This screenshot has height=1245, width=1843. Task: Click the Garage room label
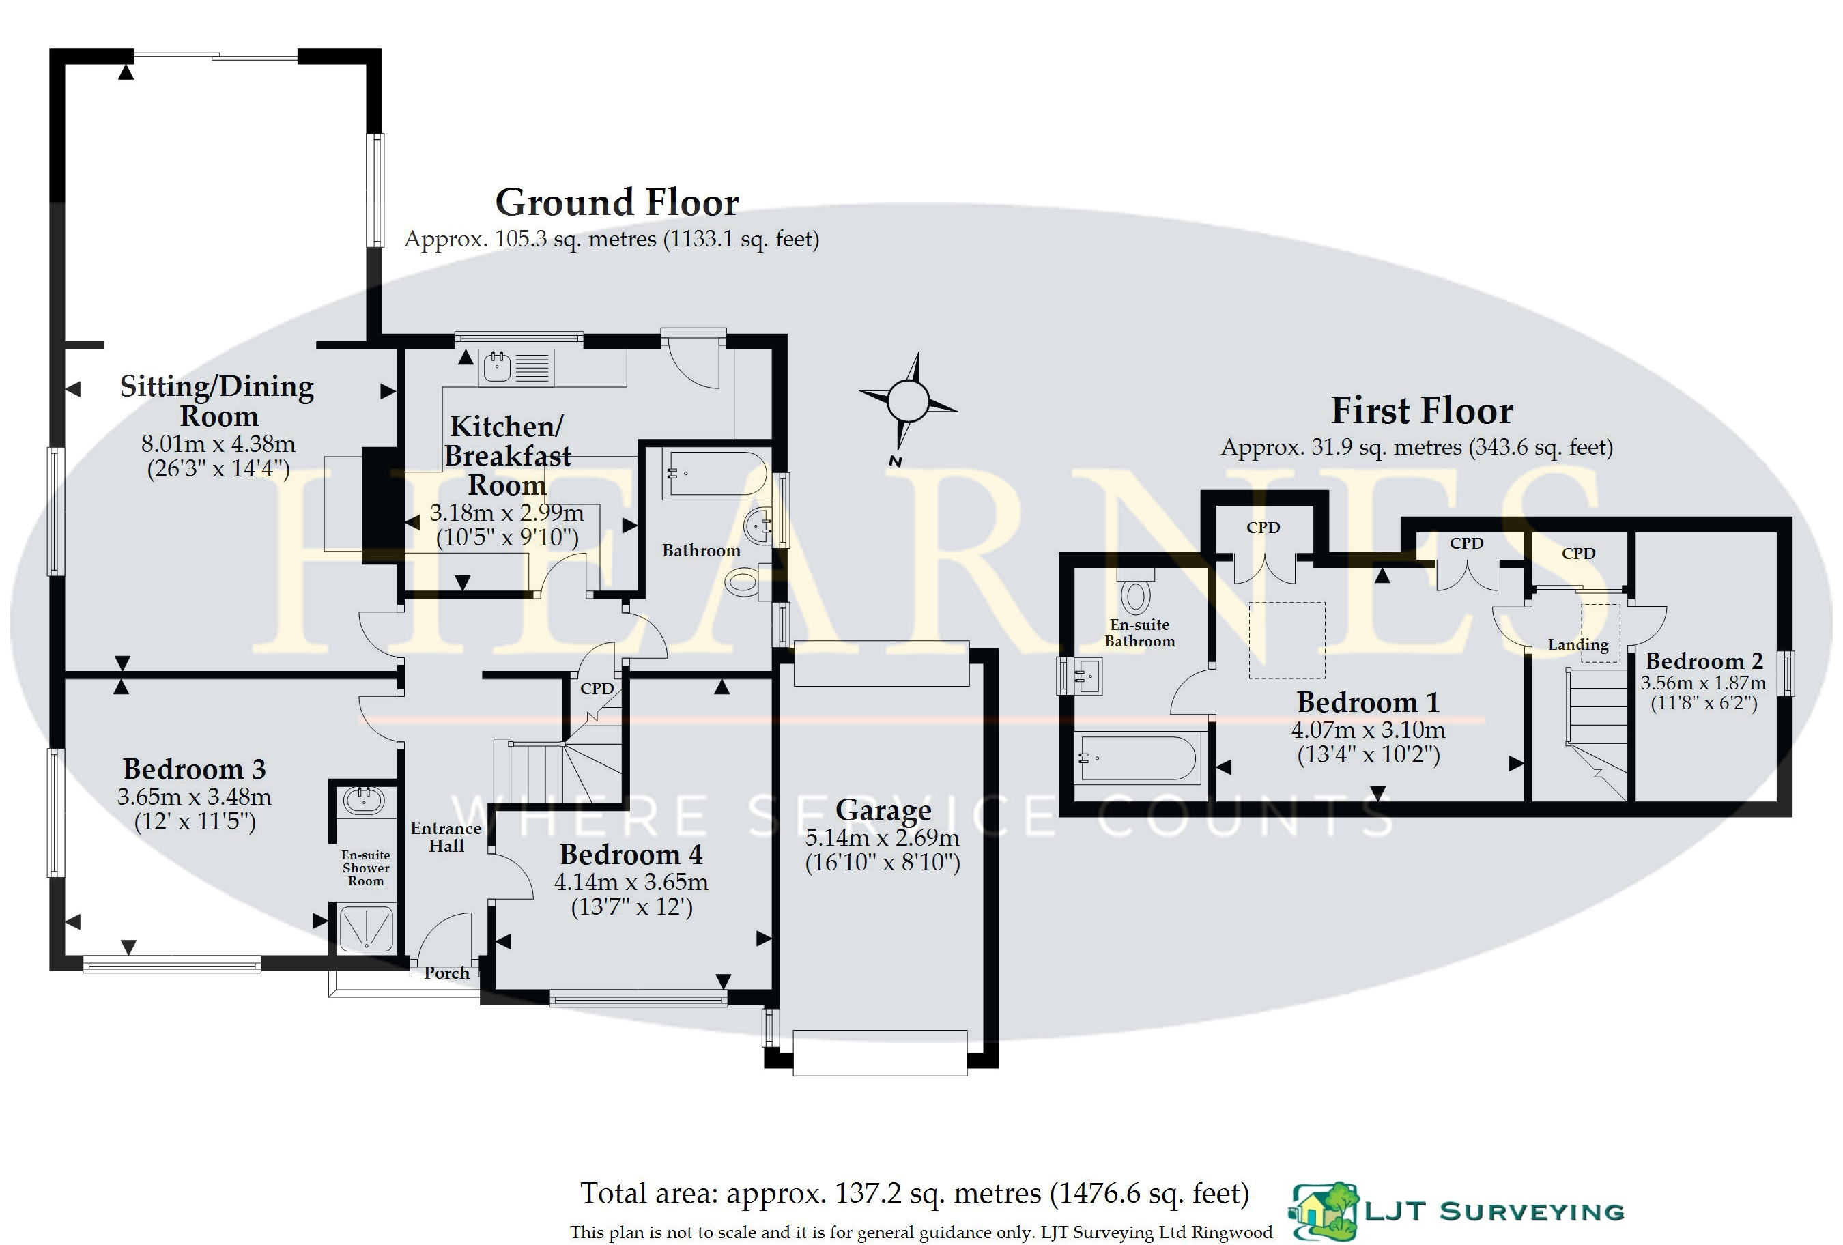click(883, 810)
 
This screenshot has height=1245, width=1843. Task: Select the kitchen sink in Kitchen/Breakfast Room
click(497, 367)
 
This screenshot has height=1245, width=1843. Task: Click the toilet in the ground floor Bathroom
click(742, 583)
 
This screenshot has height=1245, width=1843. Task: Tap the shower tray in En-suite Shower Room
click(366, 928)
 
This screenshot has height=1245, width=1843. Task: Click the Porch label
click(446, 973)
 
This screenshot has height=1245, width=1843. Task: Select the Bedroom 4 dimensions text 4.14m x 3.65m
click(631, 882)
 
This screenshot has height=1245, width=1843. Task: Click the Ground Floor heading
click(617, 202)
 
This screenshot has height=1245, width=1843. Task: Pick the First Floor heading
click(1421, 411)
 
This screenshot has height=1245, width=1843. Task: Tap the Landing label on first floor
click(1577, 645)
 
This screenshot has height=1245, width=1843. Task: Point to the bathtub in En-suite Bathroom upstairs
click(1137, 759)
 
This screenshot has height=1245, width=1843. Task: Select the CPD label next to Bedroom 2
click(1577, 554)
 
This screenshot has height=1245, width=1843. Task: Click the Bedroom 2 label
click(1704, 661)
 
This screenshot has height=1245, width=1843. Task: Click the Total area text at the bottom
click(915, 1193)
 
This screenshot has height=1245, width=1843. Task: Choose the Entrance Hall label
click(446, 837)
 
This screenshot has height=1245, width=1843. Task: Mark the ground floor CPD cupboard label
click(597, 688)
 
